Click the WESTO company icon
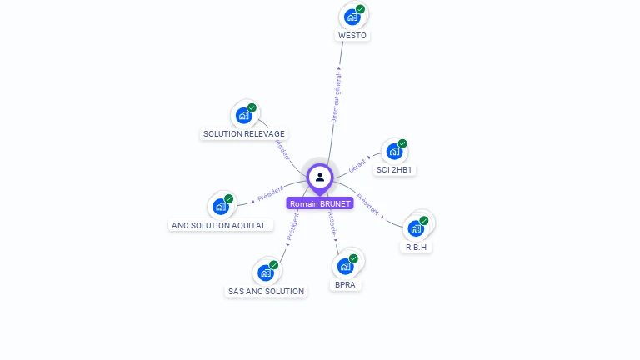click(x=352, y=17)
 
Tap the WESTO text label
click(x=352, y=36)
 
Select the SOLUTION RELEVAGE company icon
click(x=244, y=115)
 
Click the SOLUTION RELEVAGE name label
click(x=244, y=134)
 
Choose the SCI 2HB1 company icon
click(x=394, y=152)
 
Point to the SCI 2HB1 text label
click(x=395, y=170)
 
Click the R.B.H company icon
click(x=417, y=227)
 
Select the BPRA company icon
click(x=346, y=266)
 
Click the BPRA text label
click(x=346, y=285)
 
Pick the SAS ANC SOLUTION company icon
click(x=266, y=272)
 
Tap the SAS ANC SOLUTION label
click(x=266, y=292)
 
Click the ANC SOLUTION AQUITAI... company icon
click(x=221, y=206)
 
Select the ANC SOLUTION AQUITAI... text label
click(x=221, y=225)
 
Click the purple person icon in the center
click(x=320, y=177)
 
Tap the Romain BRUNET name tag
click(x=320, y=203)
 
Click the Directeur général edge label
click(x=336, y=98)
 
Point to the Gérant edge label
click(x=357, y=165)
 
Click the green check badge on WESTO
click(x=360, y=9)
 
